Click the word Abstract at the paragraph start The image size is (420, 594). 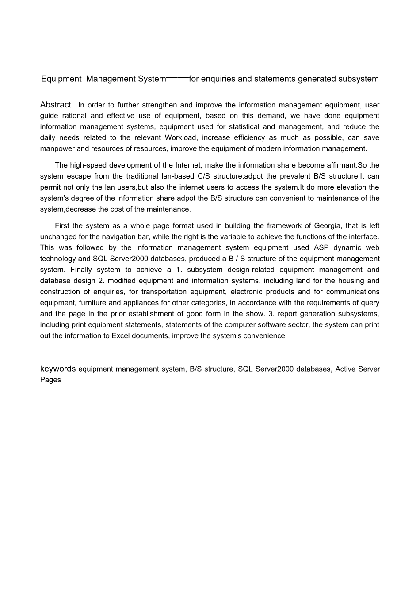(x=55, y=105)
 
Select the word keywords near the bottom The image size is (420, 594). (x=58, y=369)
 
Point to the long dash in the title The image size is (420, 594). (x=177, y=78)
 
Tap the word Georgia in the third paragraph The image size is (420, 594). (x=328, y=226)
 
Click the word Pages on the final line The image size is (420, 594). (x=50, y=380)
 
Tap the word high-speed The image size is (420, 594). (x=86, y=165)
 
